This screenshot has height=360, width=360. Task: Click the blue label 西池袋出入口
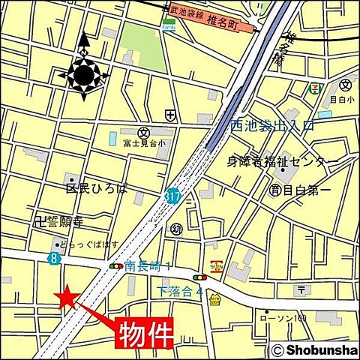pos(271,127)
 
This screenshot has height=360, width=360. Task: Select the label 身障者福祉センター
pos(282,161)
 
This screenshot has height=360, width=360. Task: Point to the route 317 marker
pos(173,195)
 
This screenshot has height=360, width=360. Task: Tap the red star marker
pos(67,297)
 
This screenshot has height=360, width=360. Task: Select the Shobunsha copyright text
pos(314,349)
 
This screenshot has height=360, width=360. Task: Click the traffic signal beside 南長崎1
pos(116,266)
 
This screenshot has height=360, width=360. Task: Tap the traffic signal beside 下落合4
pos(199,277)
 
